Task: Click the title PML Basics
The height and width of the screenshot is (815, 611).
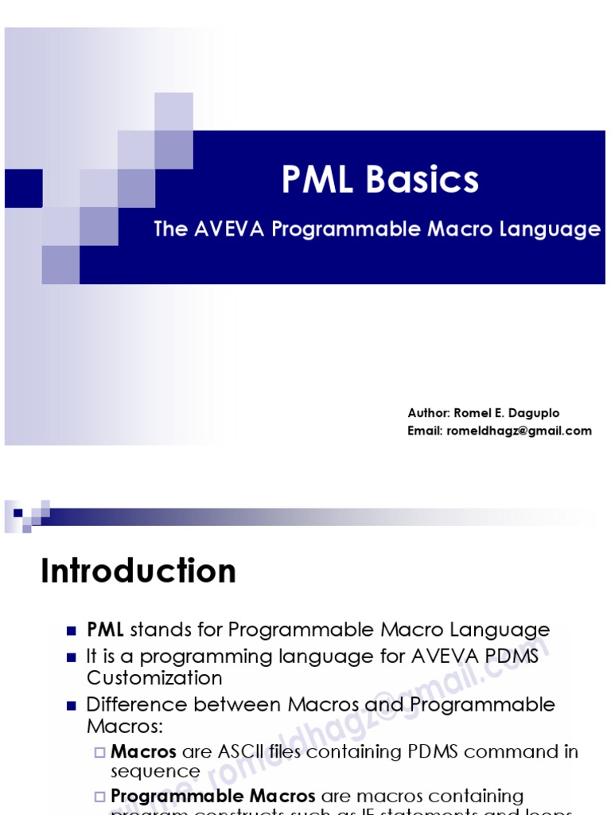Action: pos(380,180)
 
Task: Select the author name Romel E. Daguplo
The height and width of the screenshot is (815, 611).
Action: pos(506,413)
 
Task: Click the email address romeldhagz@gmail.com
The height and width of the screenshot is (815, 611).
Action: pos(520,431)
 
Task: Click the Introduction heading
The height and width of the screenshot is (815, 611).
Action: pos(138,571)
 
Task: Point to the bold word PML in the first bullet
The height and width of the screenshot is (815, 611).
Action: pos(105,630)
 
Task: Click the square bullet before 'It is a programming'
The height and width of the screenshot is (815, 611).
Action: pos(71,657)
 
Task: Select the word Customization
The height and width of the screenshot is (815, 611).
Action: pos(154,677)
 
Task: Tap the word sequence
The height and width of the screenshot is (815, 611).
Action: pos(155,771)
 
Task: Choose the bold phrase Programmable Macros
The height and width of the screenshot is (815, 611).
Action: pos(212,796)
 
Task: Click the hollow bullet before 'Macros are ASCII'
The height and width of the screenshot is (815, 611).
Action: pos(99,752)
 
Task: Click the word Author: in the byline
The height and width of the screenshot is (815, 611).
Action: pos(429,413)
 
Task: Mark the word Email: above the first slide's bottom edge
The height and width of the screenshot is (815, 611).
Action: pos(426,431)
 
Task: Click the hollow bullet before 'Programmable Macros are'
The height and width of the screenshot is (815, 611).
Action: pos(99,797)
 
